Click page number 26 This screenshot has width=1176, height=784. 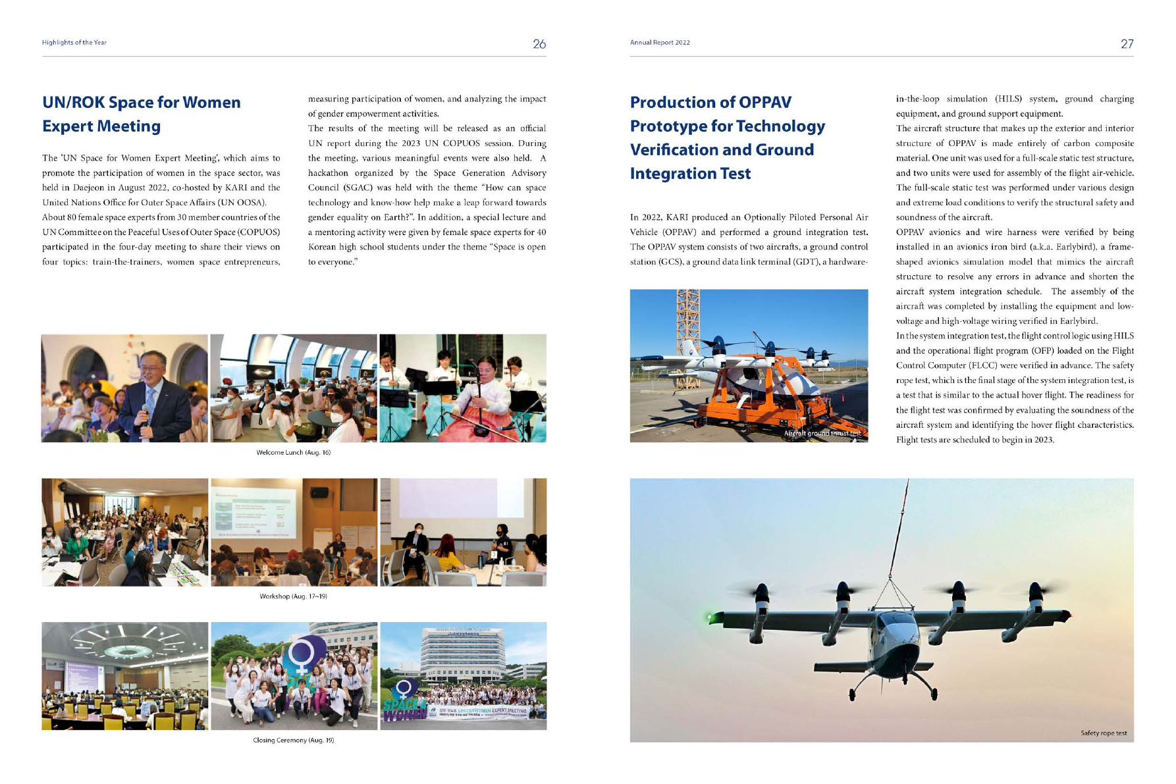tap(539, 44)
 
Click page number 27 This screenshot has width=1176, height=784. tap(1127, 44)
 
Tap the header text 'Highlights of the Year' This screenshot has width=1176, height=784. tap(74, 43)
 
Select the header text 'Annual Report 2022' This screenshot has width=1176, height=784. tap(660, 43)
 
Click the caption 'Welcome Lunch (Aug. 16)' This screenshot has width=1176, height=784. tap(293, 453)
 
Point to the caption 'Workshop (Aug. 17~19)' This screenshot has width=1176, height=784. tap(293, 596)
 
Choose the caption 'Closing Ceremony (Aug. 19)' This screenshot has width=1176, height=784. tap(293, 741)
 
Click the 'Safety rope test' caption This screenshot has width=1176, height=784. tap(1103, 733)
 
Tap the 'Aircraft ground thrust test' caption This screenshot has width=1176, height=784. tap(822, 434)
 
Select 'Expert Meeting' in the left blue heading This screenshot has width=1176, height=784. tap(101, 126)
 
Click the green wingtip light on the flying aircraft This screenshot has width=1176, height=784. tap(709, 617)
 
